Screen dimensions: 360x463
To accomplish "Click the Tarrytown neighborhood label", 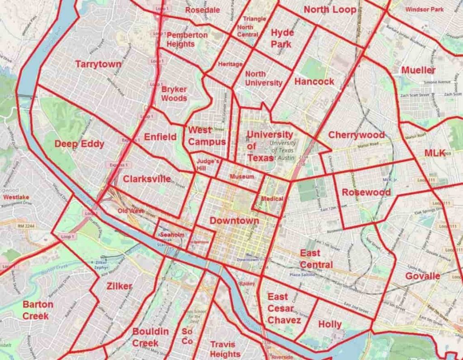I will click(x=98, y=64).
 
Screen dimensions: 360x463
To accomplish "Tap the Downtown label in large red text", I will click(x=234, y=221).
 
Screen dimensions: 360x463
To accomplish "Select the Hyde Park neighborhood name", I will click(x=282, y=38).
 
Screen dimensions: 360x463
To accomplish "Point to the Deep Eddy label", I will click(x=79, y=144).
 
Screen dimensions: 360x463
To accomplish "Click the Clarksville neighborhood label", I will click(x=146, y=179).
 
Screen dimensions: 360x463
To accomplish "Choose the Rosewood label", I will click(x=366, y=192).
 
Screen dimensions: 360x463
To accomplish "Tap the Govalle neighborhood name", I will click(x=422, y=276).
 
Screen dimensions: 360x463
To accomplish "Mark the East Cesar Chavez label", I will click(x=283, y=309).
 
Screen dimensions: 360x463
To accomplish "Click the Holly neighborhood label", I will click(x=330, y=324).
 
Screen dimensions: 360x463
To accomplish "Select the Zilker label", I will click(x=119, y=286).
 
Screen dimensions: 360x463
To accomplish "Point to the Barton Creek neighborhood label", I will click(x=38, y=310).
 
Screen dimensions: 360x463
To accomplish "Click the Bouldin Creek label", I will click(x=151, y=337).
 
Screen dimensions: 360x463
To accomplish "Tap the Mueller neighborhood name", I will click(x=418, y=70).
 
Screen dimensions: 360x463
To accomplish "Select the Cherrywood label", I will click(x=356, y=135).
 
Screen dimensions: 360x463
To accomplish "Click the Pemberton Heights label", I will click(x=187, y=39).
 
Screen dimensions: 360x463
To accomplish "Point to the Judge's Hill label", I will click(x=208, y=164).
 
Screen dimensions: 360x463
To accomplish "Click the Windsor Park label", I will click(x=424, y=9).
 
